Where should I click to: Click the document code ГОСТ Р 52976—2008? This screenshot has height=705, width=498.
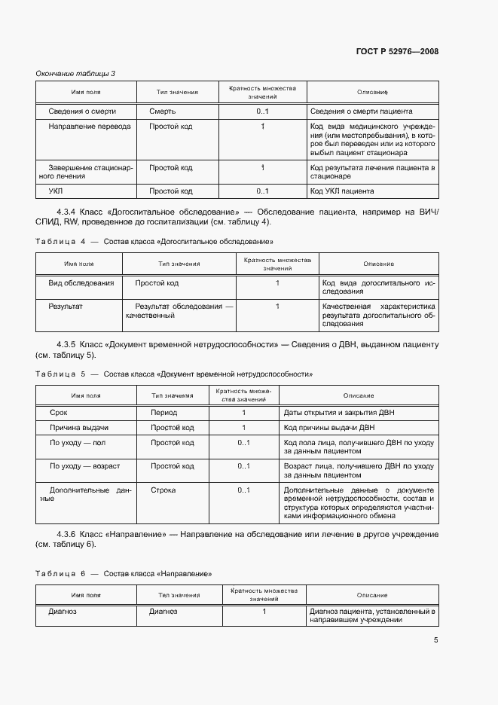point(397,51)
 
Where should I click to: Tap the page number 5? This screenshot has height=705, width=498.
point(435,640)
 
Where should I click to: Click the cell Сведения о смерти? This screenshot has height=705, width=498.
point(82,111)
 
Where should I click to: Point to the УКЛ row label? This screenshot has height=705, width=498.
point(56,191)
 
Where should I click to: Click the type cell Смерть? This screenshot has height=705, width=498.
point(162,111)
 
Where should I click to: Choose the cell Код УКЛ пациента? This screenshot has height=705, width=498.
point(342,191)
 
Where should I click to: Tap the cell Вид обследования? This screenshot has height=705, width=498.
point(81,283)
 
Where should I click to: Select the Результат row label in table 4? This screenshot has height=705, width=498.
point(66,307)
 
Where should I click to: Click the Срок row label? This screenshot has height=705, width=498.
point(59,413)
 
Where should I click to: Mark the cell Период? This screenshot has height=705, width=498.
point(163,413)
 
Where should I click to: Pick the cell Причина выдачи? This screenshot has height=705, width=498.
point(79,427)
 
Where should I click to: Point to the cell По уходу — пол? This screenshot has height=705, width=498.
point(78,442)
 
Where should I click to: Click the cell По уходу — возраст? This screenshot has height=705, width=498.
point(84,466)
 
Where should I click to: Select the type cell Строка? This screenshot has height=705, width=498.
point(163,490)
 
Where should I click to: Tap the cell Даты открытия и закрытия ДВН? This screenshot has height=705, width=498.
point(339,413)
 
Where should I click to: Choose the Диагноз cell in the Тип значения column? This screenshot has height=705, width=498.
point(163,612)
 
